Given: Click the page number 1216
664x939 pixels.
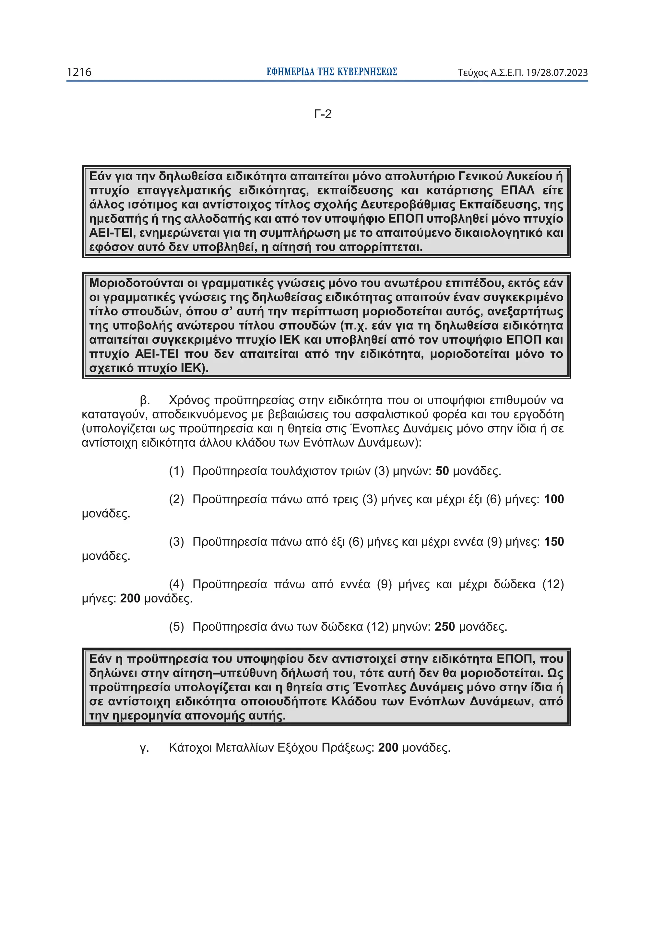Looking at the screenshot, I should tap(79, 72).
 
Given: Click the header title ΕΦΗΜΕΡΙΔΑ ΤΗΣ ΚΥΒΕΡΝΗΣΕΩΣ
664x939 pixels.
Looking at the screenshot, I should tap(331, 72).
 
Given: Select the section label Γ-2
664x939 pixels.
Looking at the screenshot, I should tap(323, 114).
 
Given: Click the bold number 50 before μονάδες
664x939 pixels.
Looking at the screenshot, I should tap(442, 471).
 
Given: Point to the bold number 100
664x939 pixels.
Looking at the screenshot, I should tap(553, 499).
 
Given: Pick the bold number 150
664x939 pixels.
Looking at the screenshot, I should tap(553, 542).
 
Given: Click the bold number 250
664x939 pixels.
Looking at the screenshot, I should tap(444, 627).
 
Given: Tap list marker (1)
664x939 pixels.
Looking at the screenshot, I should tap(176, 471).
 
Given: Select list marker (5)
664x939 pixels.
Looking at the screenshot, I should tap(176, 627).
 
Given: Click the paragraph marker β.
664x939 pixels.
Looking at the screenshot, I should tap(144, 400).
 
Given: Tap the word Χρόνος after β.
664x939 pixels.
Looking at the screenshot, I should tap(189, 400).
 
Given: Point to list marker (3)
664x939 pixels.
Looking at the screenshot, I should tap(176, 542).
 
